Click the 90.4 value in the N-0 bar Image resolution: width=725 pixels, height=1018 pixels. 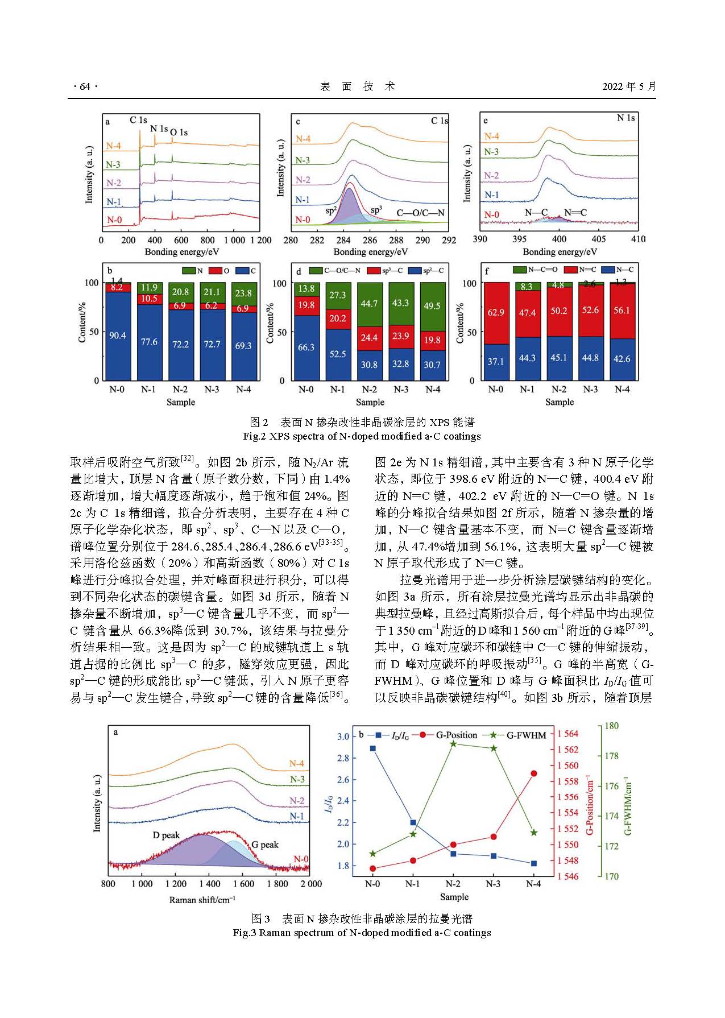[117, 336]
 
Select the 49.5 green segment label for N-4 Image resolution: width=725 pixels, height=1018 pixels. [432, 306]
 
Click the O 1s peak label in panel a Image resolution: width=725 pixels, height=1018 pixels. [179, 133]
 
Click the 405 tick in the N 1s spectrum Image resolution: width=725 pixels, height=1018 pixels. [599, 239]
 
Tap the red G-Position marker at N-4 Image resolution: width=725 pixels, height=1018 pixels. [533, 773]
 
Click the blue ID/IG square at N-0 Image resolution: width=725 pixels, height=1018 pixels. [373, 748]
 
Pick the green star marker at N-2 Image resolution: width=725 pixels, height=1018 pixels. [453, 744]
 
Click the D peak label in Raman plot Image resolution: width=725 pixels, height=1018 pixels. [166, 835]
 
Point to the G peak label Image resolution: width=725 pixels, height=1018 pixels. [265, 845]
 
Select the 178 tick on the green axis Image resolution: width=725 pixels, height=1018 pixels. [611, 756]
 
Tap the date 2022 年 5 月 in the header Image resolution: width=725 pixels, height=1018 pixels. [629, 86]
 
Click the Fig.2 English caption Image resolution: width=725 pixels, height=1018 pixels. [362, 436]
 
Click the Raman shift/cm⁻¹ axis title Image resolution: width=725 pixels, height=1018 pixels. [202, 900]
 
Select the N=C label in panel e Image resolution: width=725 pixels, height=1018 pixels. [575, 213]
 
